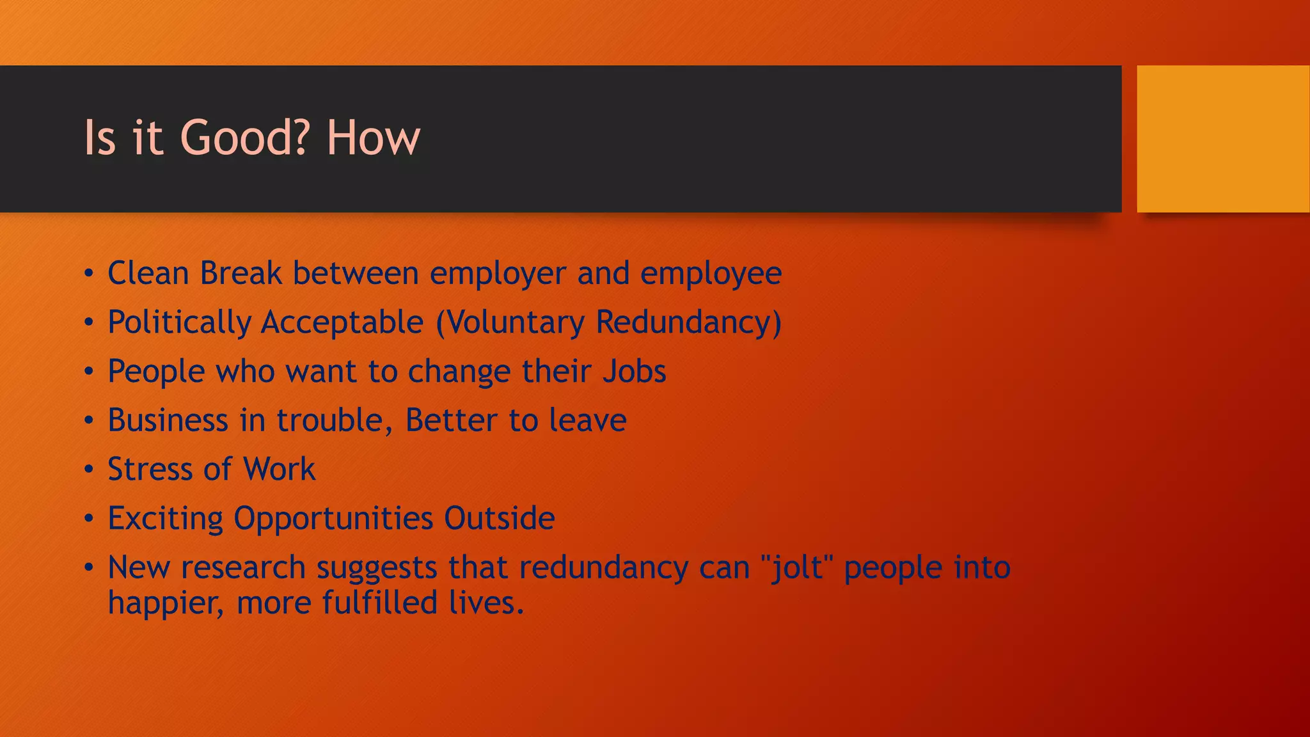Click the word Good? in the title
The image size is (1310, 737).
click(246, 138)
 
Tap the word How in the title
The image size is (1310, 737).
click(373, 138)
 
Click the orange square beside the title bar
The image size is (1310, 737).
click(1222, 139)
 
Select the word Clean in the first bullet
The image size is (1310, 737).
click(148, 273)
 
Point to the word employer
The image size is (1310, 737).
click(498, 274)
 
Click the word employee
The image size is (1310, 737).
click(711, 274)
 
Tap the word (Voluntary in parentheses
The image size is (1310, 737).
click(510, 322)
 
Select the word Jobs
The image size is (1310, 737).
click(634, 372)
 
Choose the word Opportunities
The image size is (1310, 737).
click(333, 519)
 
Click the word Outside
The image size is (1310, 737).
click(499, 519)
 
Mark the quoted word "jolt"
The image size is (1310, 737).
click(797, 567)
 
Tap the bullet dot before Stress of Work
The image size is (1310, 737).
click(89, 470)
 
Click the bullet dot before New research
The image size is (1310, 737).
click(89, 568)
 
